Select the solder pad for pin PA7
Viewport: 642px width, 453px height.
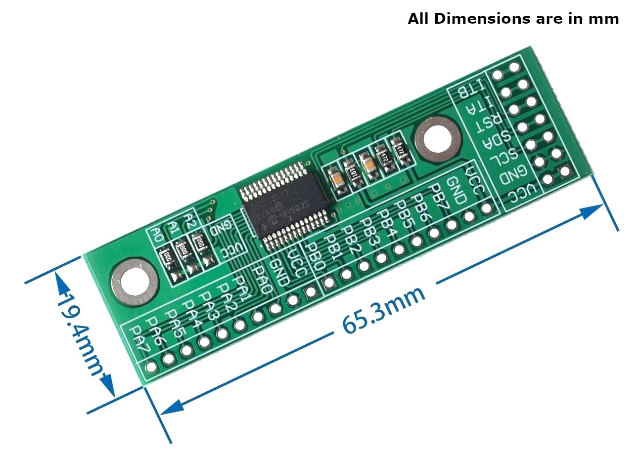coord(151,367)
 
